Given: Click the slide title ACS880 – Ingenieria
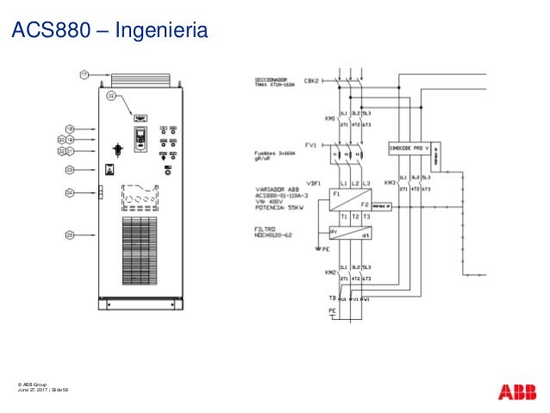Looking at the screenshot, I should click(x=109, y=32).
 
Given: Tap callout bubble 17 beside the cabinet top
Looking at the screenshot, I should click(x=84, y=75).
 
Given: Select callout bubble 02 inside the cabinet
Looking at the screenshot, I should click(x=111, y=97).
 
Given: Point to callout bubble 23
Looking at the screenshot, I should click(x=70, y=170).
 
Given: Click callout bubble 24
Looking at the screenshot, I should click(x=70, y=193).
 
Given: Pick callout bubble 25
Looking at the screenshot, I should click(x=70, y=234).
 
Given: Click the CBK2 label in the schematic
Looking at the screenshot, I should click(x=311, y=81).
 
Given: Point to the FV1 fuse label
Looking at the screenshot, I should click(x=311, y=145).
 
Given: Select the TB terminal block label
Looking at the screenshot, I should click(x=322, y=297).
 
